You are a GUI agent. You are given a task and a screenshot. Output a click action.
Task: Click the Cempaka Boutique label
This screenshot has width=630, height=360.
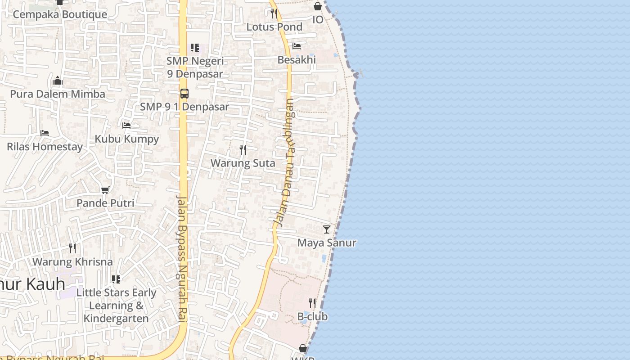pyautogui.click(x=60, y=14)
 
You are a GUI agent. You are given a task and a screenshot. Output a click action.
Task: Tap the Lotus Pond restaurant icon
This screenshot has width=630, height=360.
pyautogui.click(x=274, y=13)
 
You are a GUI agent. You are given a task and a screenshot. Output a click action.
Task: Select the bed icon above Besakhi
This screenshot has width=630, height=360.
pyautogui.click(x=297, y=46)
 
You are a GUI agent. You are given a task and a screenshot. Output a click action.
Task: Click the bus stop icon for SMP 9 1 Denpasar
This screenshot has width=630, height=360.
pyautogui.click(x=184, y=94)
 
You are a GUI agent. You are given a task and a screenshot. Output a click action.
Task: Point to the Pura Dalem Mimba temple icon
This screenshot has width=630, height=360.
pyautogui.click(x=58, y=81)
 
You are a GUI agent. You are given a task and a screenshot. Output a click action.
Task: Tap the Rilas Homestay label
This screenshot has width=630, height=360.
pyautogui.click(x=45, y=147)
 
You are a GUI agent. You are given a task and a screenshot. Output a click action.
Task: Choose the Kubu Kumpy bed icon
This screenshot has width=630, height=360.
pyautogui.click(x=126, y=126)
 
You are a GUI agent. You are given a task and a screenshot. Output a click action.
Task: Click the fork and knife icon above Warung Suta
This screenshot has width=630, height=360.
pyautogui.click(x=243, y=149)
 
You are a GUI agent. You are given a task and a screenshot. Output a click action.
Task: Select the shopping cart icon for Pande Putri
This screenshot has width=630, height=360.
pyautogui.click(x=105, y=190)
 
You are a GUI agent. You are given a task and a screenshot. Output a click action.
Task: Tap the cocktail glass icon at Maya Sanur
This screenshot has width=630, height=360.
pyautogui.click(x=327, y=229)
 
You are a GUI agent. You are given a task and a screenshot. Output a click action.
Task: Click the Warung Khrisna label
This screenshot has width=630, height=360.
pyautogui.click(x=72, y=261)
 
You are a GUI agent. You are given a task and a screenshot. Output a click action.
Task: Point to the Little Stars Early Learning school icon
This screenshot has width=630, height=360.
pyautogui.click(x=116, y=279)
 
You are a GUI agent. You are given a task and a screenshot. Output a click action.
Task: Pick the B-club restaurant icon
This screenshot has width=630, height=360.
pyautogui.click(x=312, y=303)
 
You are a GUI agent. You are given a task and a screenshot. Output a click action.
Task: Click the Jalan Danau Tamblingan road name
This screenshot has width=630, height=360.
pyautogui.click(x=284, y=162)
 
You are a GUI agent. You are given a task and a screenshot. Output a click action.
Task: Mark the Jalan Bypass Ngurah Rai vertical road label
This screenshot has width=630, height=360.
pyautogui.click(x=182, y=259)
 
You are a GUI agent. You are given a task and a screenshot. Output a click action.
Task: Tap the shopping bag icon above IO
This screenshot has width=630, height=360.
pyautogui.click(x=318, y=6)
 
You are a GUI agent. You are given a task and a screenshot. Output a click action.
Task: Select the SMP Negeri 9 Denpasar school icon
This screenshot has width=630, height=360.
pyautogui.click(x=195, y=47)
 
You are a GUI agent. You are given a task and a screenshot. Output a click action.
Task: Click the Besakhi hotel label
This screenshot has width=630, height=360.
pyautogui.click(x=297, y=60)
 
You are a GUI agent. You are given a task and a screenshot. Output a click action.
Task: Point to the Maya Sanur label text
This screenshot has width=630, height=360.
pyautogui.click(x=327, y=243)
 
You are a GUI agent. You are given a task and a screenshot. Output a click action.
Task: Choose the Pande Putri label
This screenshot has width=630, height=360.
pyautogui.click(x=105, y=203)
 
